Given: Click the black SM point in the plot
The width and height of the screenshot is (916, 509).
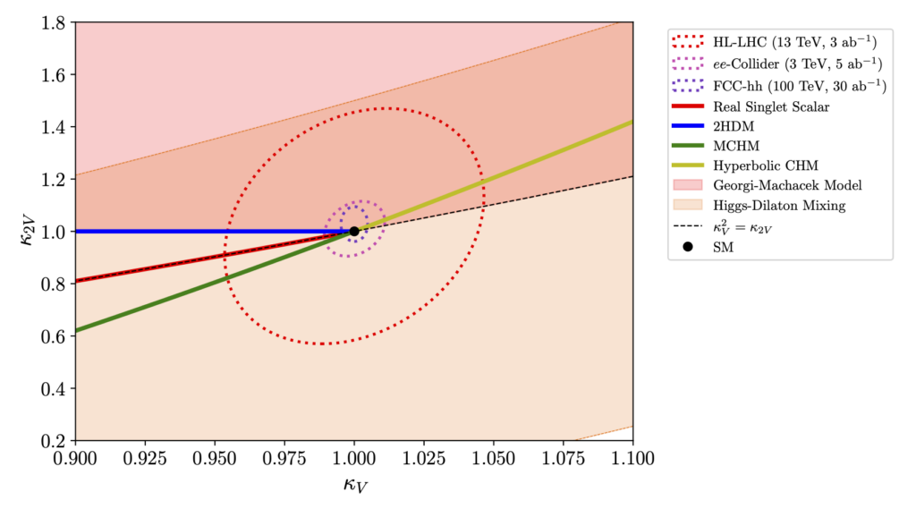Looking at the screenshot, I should pyautogui.click(x=354, y=231).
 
